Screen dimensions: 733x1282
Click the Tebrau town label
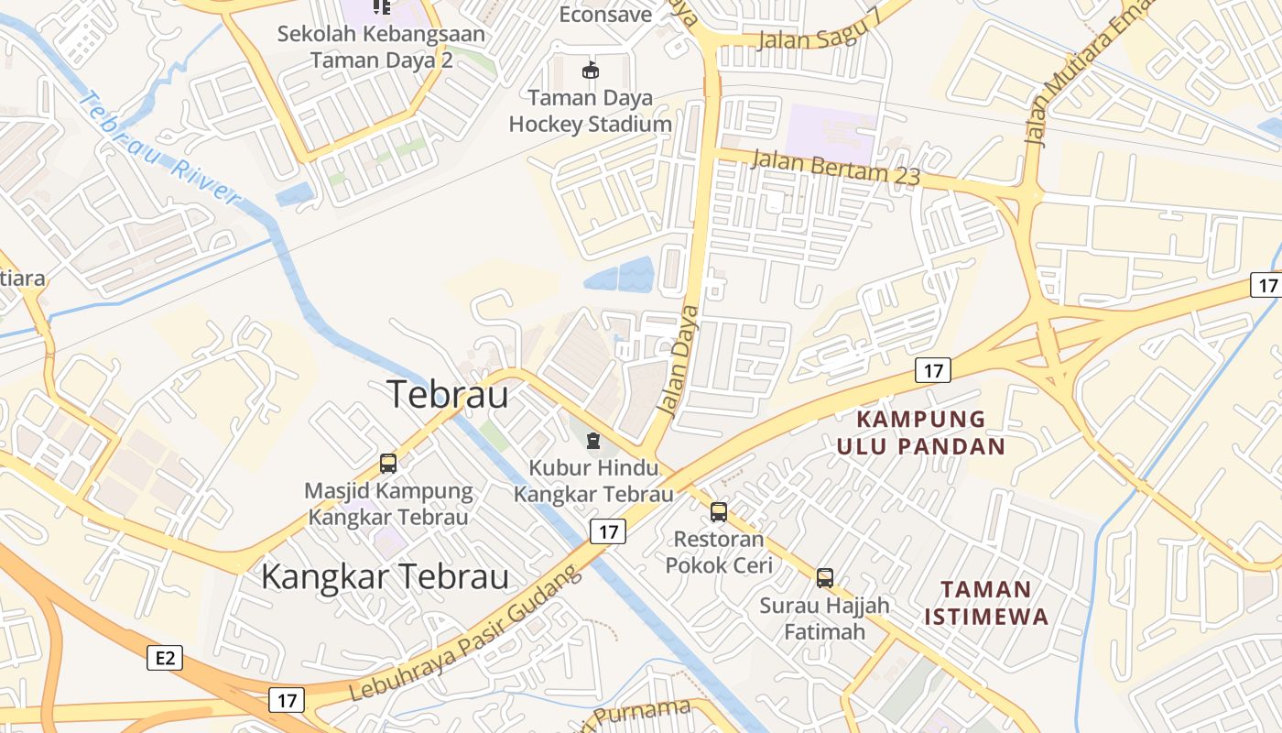448,394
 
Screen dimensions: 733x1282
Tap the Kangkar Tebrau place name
385,577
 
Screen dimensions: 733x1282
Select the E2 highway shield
165,657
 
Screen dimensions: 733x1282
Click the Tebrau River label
159,148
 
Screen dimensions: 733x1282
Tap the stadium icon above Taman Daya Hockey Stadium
591,70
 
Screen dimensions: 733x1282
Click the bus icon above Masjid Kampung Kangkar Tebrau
388,464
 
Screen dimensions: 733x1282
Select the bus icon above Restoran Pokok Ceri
719,511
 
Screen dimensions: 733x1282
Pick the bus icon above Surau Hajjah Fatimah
825,578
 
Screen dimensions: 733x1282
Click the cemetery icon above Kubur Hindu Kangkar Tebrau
593,442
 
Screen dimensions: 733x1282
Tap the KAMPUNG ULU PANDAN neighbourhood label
921,432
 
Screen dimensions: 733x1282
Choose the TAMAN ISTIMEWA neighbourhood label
985,602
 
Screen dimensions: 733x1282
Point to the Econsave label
605,15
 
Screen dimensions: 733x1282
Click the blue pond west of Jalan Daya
620,275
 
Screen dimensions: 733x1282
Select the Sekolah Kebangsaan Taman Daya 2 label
381,47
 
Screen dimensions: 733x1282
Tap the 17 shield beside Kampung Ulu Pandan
932,370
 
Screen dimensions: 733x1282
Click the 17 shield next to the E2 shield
287,700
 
